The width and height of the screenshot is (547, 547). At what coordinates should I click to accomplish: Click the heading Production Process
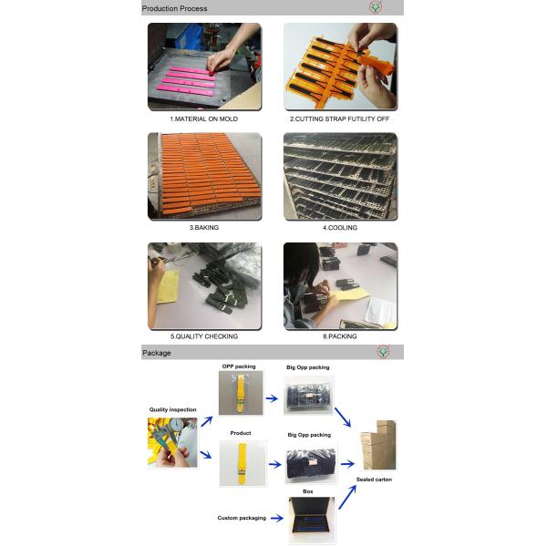[174, 8]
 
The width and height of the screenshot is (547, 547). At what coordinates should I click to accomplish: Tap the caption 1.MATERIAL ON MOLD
[203, 119]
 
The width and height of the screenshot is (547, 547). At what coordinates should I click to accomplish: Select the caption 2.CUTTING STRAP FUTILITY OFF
[339, 119]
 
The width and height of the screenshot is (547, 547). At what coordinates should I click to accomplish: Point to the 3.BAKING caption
[204, 227]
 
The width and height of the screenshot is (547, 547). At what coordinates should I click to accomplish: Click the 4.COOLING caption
[340, 228]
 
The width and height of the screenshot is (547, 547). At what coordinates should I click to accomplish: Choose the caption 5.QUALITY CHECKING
[204, 336]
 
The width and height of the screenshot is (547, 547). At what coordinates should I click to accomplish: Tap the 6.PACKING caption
[340, 336]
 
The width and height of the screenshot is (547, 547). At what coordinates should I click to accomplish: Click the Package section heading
[157, 353]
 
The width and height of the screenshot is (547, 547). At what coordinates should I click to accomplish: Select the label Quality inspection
[172, 409]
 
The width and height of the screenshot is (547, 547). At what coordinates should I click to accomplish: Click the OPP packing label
[239, 366]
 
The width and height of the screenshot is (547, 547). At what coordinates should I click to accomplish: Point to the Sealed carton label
[374, 480]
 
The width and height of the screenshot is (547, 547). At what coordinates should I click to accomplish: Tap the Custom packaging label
[242, 518]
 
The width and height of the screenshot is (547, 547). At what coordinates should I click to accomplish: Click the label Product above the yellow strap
[241, 433]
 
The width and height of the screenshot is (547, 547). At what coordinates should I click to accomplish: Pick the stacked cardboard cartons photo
[378, 445]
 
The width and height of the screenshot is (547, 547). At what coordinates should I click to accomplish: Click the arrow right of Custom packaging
[277, 519]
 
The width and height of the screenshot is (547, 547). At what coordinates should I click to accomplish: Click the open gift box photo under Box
[312, 520]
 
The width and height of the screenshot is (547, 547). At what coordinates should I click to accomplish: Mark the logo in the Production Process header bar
[376, 7]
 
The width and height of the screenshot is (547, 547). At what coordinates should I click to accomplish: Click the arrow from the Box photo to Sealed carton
[347, 497]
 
